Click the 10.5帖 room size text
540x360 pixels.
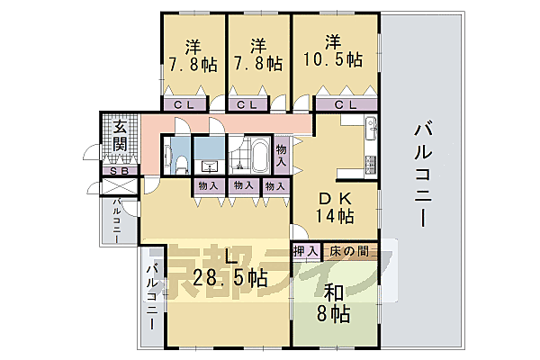point(333,61)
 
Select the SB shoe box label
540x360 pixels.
point(119,172)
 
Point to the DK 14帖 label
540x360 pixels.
point(334,206)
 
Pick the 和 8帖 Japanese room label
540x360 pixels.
point(334,304)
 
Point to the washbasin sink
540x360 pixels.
point(211,166)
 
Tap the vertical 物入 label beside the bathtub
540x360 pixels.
point(282,156)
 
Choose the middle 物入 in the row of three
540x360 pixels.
point(242,186)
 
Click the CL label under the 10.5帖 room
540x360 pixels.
point(345,105)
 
